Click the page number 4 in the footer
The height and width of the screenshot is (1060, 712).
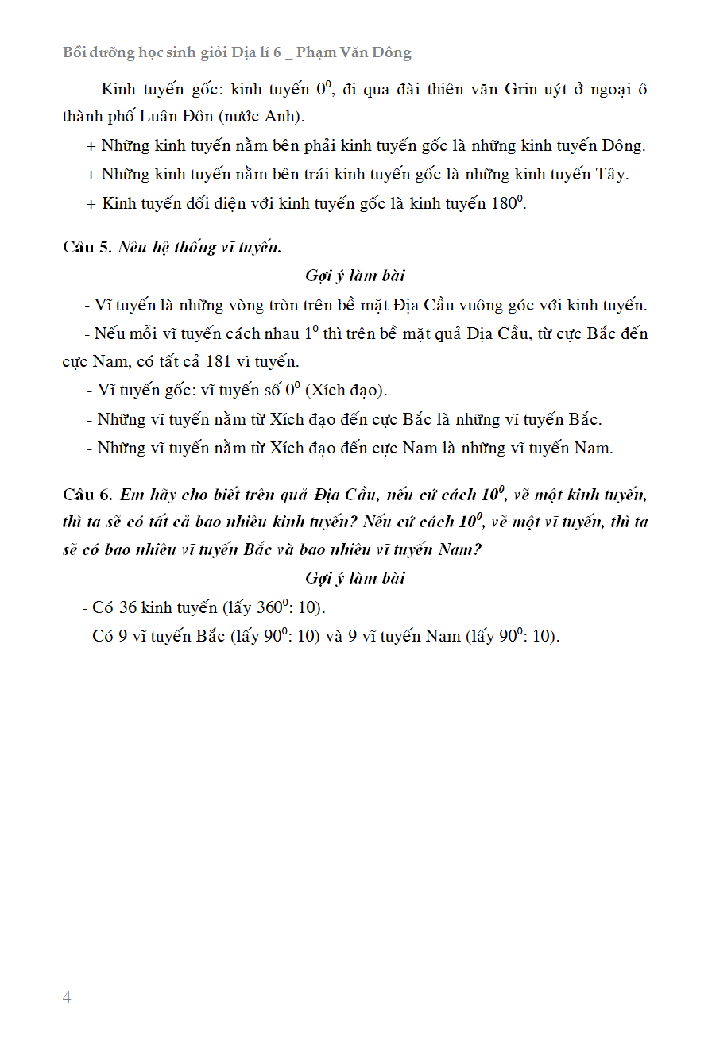67,997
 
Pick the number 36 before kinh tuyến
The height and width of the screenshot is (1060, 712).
128,608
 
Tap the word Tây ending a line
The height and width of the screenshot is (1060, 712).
612,175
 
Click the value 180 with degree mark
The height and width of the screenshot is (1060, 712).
505,203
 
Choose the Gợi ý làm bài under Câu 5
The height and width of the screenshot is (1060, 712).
354,276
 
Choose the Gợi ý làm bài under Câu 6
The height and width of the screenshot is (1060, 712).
354,578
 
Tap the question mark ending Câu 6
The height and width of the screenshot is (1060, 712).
477,549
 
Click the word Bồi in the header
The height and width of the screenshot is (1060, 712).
76,53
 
